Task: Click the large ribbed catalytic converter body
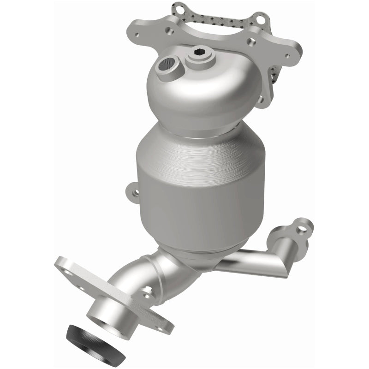tap(201, 184)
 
